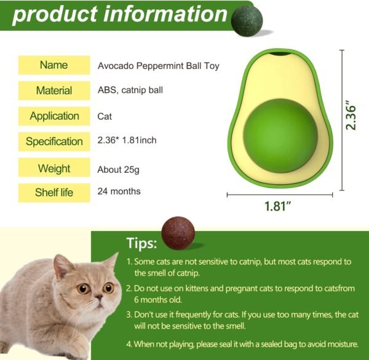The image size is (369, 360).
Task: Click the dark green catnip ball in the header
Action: pyautogui.click(x=247, y=21)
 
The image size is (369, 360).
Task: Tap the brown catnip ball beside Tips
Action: pyautogui.click(x=178, y=233)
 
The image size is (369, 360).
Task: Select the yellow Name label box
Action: pyautogui.click(x=54, y=65)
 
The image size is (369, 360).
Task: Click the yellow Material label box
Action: pyautogui.click(x=54, y=90)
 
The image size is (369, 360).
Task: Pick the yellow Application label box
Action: pyautogui.click(x=54, y=116)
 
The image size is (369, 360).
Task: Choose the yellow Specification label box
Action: pyautogui.click(x=54, y=141)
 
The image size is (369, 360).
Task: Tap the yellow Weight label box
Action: pyautogui.click(x=54, y=168)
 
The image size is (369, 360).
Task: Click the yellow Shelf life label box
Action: pyautogui.click(x=54, y=193)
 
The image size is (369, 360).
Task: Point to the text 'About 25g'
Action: pyautogui.click(x=118, y=170)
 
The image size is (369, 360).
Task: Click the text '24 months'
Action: pyautogui.click(x=119, y=191)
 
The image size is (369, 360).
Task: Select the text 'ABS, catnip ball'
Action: pyautogui.click(x=130, y=90)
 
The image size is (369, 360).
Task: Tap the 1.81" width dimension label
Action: pyautogui.click(x=278, y=206)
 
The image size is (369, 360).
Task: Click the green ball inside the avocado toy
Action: pyautogui.click(x=280, y=136)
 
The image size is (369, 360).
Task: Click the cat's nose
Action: pyautogui.click(x=99, y=297)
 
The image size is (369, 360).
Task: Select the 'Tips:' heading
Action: pyautogui.click(x=141, y=243)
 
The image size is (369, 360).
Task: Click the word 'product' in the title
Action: pyautogui.click(x=55, y=15)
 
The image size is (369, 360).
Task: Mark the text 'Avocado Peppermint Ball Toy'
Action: pyautogui.click(x=159, y=66)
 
